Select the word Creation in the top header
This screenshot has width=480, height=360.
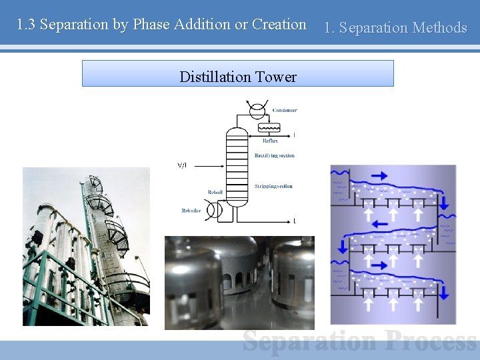click(x=280, y=25)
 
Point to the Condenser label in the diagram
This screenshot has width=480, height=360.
click(x=285, y=110)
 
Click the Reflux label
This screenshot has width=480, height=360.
click(x=270, y=141)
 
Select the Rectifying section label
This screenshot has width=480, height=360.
click(x=274, y=156)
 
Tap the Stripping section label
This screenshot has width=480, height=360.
click(x=273, y=186)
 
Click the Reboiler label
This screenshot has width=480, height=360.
click(x=191, y=211)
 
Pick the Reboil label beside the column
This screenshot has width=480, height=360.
click(x=215, y=192)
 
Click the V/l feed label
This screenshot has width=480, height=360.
click(x=182, y=165)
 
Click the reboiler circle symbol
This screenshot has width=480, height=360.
click(x=215, y=211)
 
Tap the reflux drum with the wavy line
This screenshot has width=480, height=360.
click(x=269, y=127)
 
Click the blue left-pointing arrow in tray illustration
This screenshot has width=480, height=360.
click(x=379, y=223)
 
